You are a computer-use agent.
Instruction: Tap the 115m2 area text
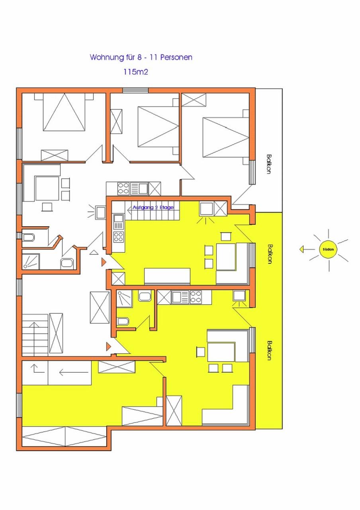click(x=136, y=72)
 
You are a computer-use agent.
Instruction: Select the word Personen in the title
click(x=176, y=57)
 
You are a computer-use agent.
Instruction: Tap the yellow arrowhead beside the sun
click(x=301, y=249)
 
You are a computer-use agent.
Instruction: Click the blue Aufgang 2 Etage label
click(x=153, y=208)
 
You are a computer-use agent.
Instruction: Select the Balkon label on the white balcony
click(x=269, y=165)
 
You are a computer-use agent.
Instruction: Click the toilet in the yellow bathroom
click(x=123, y=322)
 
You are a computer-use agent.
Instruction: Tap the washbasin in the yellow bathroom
click(x=144, y=296)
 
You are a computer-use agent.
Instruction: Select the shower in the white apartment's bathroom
click(x=31, y=262)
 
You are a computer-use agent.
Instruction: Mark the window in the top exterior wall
click(x=135, y=90)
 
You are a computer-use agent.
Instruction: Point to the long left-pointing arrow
click(x=74, y=373)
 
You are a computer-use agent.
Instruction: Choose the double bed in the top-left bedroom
click(x=65, y=112)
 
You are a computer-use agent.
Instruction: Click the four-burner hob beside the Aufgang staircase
click(x=119, y=236)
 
